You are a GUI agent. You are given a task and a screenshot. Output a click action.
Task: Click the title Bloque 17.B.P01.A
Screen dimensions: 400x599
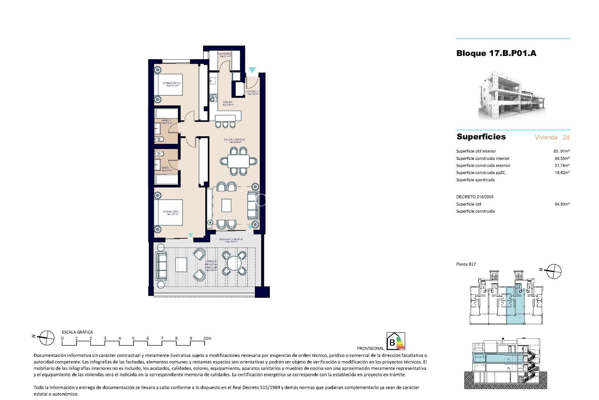pos(496,53)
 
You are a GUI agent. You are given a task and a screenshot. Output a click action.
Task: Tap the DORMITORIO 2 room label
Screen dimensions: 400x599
pos(172,83)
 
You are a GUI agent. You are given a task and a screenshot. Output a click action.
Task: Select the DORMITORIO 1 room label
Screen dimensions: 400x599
pos(171,212)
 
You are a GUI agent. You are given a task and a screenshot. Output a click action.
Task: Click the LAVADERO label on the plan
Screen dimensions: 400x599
pos(225,54)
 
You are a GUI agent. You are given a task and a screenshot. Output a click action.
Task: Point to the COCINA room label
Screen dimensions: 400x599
pos(228,102)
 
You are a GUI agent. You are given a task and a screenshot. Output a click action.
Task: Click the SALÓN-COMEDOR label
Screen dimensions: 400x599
pos(234,140)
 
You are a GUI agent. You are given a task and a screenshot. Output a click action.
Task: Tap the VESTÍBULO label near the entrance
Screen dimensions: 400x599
pos(252,92)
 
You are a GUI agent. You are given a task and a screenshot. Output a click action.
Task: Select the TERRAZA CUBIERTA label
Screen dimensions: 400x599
pos(231,239)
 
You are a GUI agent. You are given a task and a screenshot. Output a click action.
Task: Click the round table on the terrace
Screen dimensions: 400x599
pos(234,263)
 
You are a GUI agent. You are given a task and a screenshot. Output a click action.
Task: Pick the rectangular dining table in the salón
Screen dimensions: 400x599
pos(238,162)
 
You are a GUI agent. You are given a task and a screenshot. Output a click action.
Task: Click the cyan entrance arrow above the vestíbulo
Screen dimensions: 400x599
pos(252,70)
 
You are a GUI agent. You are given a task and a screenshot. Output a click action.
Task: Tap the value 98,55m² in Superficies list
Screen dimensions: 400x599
pos(562,158)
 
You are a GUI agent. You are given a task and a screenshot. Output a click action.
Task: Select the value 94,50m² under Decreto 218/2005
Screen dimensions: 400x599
pos(562,204)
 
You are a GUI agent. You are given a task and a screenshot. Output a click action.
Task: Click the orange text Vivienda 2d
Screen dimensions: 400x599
pos(552,137)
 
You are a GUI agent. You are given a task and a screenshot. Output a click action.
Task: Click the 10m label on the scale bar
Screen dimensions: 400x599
pos(207,338)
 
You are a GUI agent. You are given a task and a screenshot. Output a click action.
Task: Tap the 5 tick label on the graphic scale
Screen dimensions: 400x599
pos(133,338)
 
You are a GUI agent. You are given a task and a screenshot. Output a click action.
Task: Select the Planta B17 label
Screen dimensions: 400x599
pos(466,264)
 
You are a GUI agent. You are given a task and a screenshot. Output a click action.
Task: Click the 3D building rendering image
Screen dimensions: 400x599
pos(512,96)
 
